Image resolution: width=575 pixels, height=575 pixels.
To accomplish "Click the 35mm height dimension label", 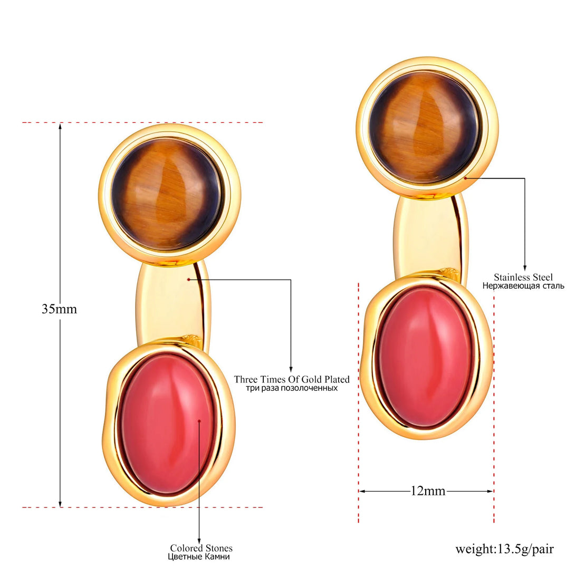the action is [x=59, y=309].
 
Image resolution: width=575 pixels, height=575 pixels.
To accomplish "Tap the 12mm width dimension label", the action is [x=428, y=491].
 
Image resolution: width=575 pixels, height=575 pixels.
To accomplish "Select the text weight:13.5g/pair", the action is [x=505, y=549].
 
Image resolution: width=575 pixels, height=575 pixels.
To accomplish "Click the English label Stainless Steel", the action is [x=523, y=277].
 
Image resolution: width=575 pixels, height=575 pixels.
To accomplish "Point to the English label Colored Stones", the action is [x=201, y=548].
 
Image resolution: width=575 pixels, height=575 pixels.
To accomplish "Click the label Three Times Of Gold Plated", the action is [x=292, y=379].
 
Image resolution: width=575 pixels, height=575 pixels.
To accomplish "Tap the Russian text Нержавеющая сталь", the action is [x=523, y=286].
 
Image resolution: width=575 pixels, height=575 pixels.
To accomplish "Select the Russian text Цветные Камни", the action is [x=199, y=557].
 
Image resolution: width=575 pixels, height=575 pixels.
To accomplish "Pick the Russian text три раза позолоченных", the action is [x=292, y=388].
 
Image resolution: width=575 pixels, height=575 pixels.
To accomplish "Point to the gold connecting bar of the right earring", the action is [x=432, y=238].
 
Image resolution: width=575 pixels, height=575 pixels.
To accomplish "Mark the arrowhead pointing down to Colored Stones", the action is [x=199, y=541].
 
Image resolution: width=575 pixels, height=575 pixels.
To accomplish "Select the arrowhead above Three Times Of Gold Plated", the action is [x=291, y=369].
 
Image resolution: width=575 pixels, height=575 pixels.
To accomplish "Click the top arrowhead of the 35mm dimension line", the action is [x=60, y=127].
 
